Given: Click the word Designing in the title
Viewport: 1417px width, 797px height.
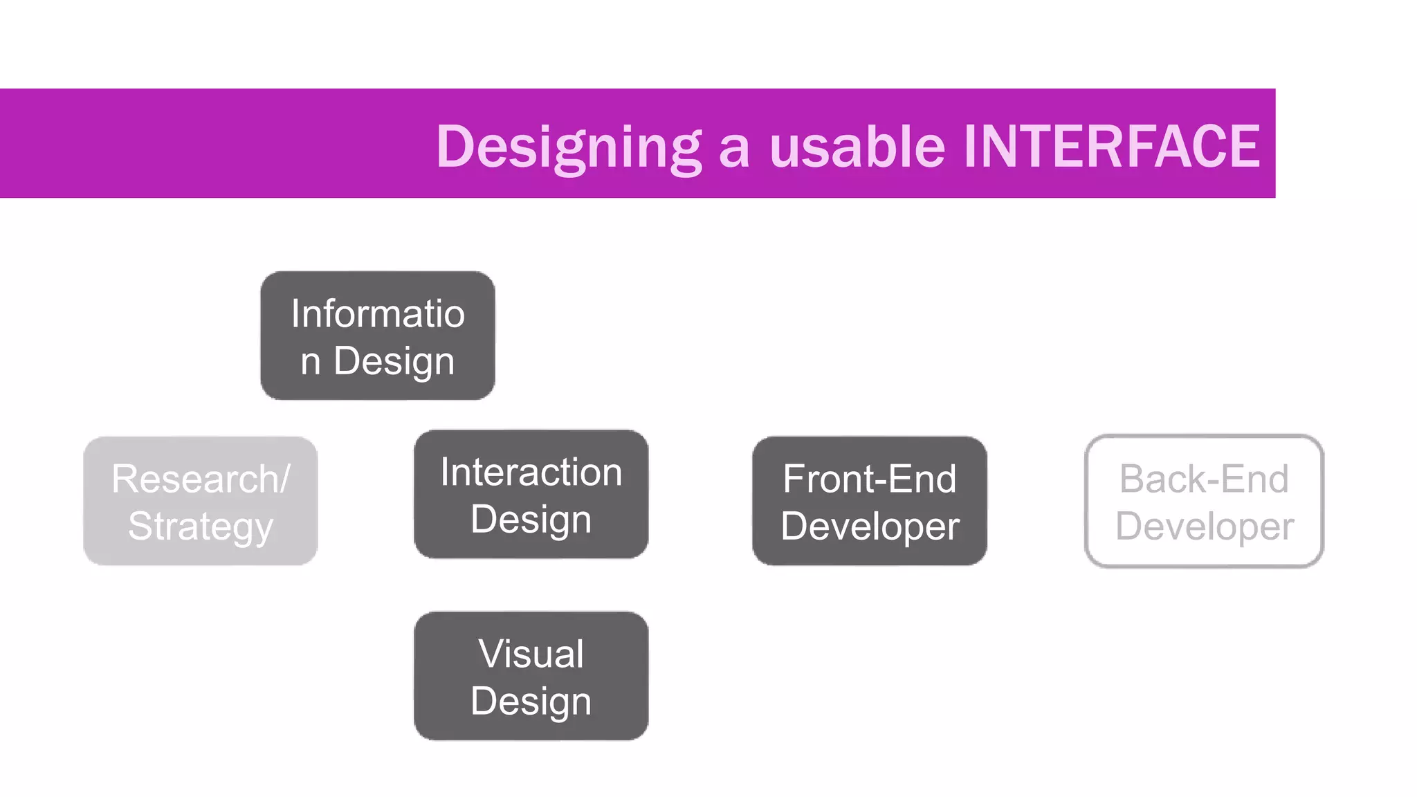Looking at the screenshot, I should [569, 147].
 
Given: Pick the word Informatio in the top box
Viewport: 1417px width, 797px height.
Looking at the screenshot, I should [378, 313].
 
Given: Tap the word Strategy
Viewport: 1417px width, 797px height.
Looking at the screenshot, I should [201, 527].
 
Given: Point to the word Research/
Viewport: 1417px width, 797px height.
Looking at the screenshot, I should [201, 479].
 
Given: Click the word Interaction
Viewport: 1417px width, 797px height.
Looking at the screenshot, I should [531, 473].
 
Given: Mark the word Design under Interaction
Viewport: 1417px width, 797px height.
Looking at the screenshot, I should [531, 520].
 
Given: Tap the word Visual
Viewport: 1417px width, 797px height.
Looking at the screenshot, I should [531, 654].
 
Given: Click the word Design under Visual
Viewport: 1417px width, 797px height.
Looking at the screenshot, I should [531, 702].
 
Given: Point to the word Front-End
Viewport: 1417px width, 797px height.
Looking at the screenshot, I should [870, 479].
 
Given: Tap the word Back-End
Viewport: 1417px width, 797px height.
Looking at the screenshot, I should [1204, 479].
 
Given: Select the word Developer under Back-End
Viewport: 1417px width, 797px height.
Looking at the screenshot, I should [1204, 527].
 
